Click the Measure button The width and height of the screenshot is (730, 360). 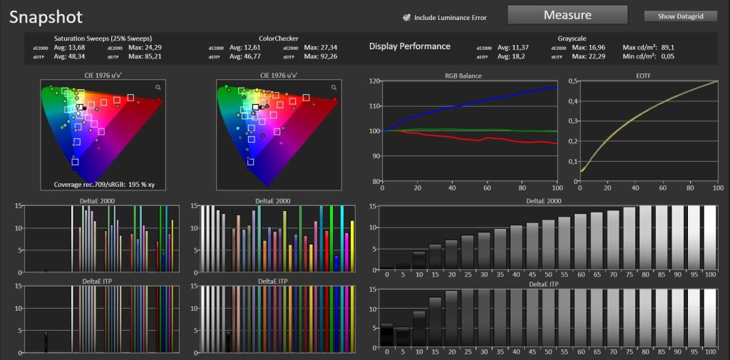pyautogui.click(x=567, y=15)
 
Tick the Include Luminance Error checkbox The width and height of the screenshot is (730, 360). pyautogui.click(x=406, y=18)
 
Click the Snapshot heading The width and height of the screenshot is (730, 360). pyautogui.click(x=46, y=17)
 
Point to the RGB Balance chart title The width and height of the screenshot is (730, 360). pyautogui.click(x=469, y=76)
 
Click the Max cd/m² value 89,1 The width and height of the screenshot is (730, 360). pyautogui.click(x=668, y=48)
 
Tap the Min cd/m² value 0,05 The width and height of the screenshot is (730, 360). pyautogui.click(x=668, y=57)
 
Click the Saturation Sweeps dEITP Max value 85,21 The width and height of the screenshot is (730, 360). pyautogui.click(x=154, y=57)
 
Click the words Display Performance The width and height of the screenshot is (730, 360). pyautogui.click(x=410, y=46)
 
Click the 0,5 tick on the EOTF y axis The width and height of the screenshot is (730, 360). pyautogui.click(x=572, y=81)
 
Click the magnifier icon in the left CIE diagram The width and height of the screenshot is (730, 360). pyautogui.click(x=158, y=87)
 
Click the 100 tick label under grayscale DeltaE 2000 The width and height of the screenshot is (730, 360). pyautogui.click(x=711, y=274)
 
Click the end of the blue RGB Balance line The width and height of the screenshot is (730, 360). pyautogui.click(x=557, y=87)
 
